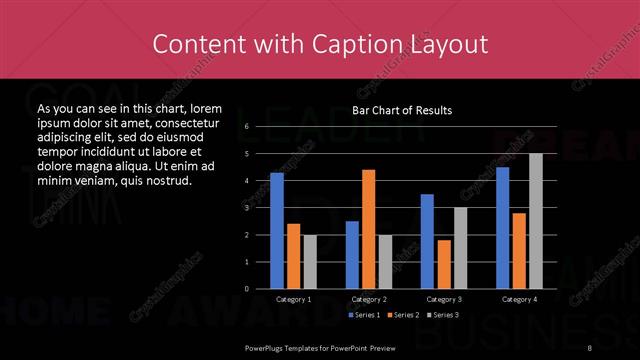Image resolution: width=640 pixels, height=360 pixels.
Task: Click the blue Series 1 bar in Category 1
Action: (x=277, y=231)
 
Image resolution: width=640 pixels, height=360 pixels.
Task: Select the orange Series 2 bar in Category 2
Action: (x=368, y=229)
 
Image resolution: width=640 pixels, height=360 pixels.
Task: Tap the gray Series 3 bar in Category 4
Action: (x=536, y=221)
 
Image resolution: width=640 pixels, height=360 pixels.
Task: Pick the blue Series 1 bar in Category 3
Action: (x=427, y=241)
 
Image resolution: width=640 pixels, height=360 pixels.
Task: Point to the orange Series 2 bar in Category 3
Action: (x=443, y=264)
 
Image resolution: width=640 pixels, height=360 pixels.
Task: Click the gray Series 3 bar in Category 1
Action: (x=309, y=261)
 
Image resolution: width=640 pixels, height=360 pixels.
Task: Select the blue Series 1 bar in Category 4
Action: (x=502, y=228)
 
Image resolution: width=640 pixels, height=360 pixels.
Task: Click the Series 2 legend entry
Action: (x=402, y=315)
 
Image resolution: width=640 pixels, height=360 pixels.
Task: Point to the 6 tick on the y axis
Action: (x=246, y=127)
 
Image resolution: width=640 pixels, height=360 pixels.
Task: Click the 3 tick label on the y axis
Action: (x=246, y=208)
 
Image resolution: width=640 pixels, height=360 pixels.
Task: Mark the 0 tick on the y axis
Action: (x=246, y=289)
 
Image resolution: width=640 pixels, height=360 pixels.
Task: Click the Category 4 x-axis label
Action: (x=519, y=299)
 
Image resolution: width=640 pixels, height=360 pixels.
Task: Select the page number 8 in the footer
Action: (x=591, y=347)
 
